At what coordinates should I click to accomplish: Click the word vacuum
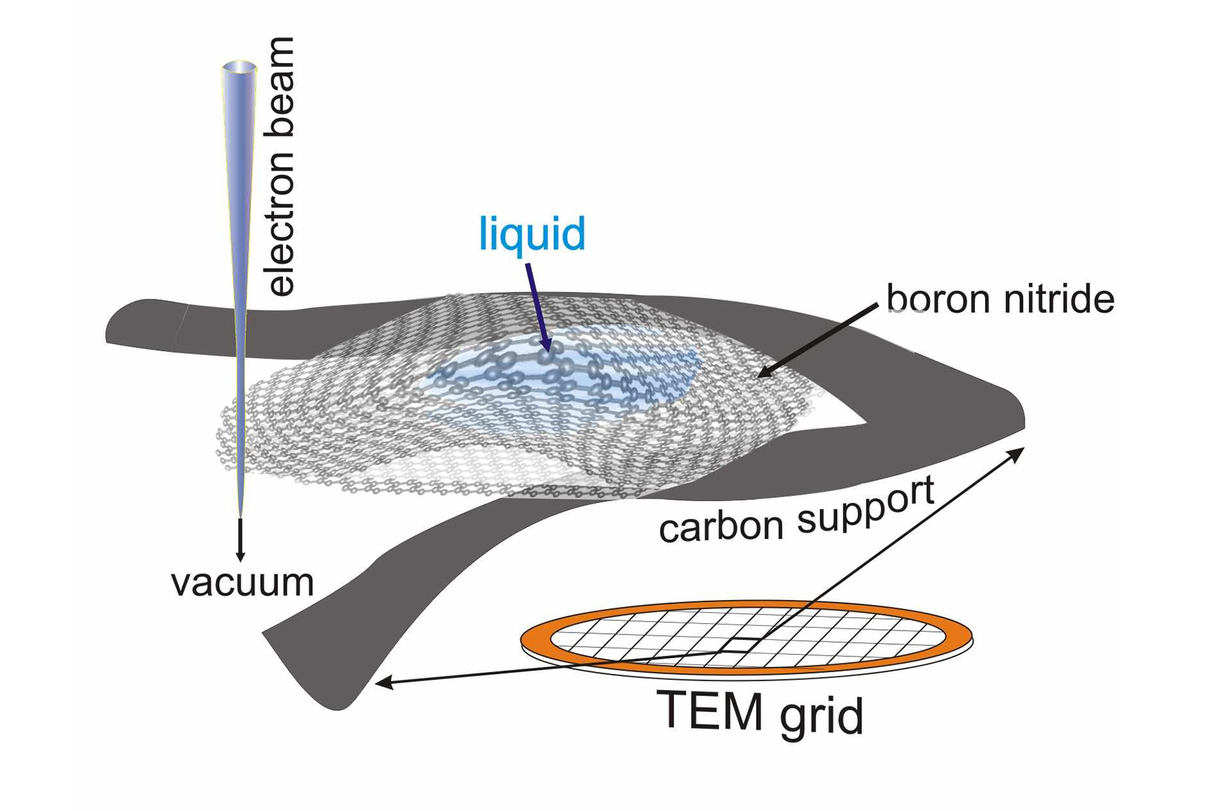click(243, 583)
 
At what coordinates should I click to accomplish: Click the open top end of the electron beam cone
click(239, 68)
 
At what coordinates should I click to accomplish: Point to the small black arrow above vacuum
click(240, 539)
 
